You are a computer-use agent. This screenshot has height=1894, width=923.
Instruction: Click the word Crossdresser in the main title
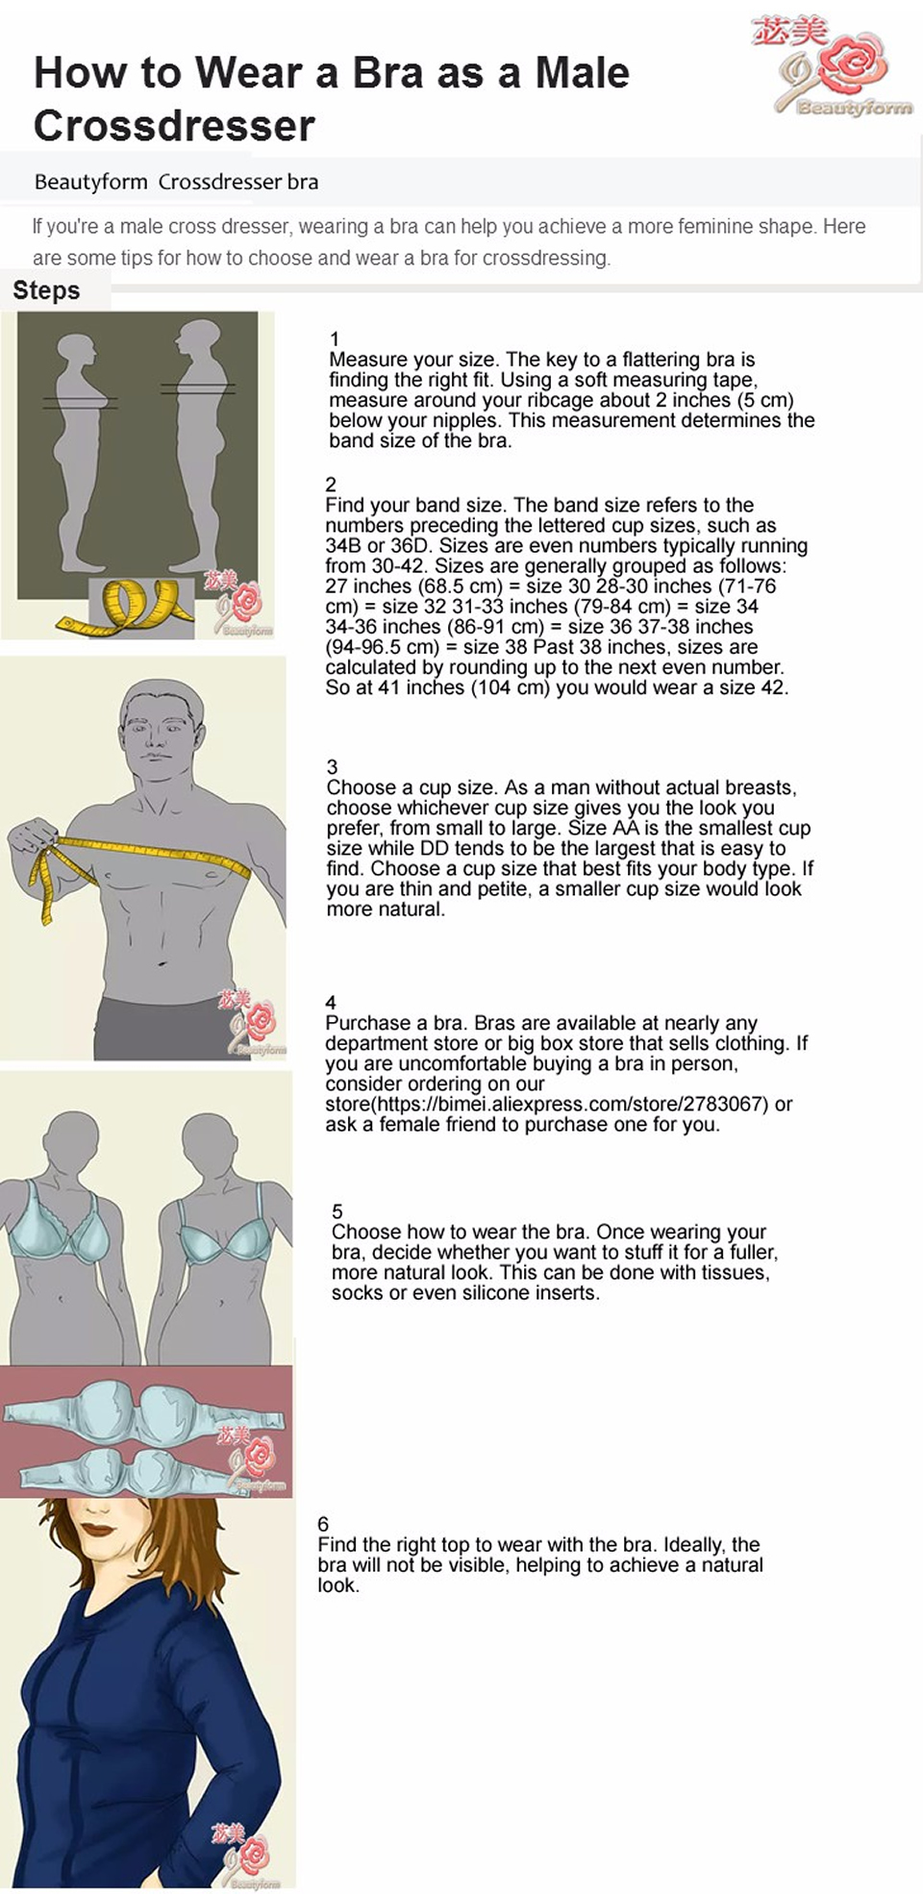point(174,126)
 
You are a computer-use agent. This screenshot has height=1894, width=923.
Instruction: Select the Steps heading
point(46,290)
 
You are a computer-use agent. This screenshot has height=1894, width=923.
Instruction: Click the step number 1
point(335,338)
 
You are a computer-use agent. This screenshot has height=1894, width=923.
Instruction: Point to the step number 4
point(331,1002)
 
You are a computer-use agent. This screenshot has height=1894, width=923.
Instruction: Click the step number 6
point(323,1524)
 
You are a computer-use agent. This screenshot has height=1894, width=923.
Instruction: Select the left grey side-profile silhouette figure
point(81,452)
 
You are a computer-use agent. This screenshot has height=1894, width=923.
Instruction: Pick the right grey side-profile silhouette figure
point(198,447)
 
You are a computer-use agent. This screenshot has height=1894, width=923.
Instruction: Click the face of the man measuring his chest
point(162,731)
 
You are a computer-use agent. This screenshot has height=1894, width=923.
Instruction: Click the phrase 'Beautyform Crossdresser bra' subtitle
point(176,182)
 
